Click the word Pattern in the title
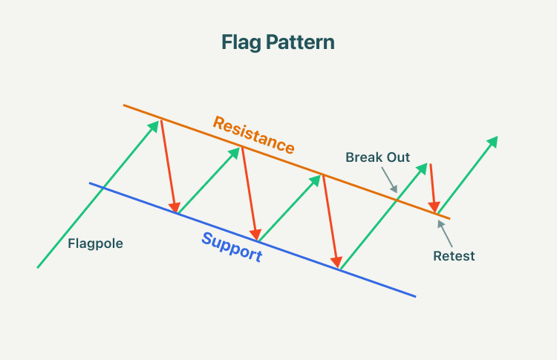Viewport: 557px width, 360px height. coord(299,42)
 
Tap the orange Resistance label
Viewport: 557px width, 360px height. coord(253,134)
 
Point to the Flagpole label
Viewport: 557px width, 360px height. coord(95,243)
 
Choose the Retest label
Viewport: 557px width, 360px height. coord(454,256)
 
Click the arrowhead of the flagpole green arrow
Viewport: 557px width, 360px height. coord(155,125)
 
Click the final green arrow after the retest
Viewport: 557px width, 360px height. coord(468,176)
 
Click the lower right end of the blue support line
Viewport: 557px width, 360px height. coord(415,296)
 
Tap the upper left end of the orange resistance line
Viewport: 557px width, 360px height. coord(124,105)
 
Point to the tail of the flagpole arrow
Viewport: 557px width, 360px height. coord(38,266)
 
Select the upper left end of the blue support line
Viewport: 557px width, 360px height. coord(90,183)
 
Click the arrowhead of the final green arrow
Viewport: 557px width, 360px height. coord(494,140)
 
